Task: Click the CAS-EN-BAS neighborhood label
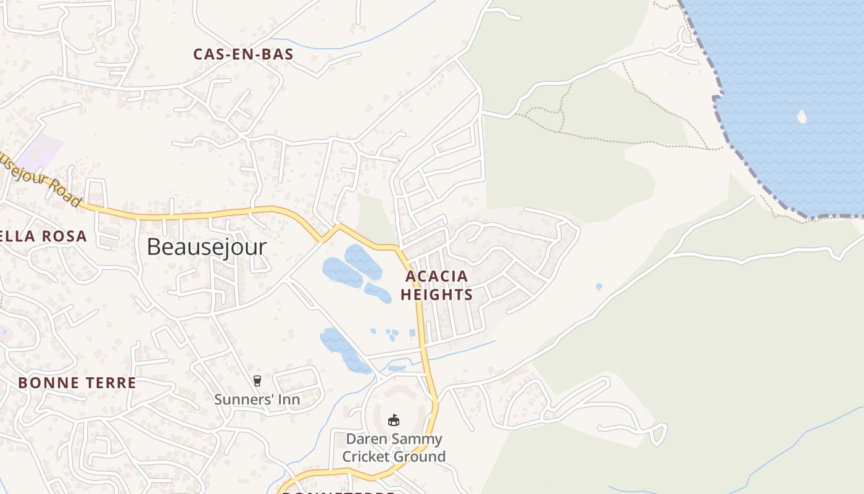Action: click(243, 54)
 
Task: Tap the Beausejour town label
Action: click(207, 247)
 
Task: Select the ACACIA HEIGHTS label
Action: click(436, 285)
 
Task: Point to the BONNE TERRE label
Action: click(77, 383)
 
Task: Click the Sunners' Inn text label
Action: click(257, 400)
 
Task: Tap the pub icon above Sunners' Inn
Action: click(257, 381)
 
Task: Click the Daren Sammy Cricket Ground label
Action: click(394, 448)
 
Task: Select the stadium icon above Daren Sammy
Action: click(393, 420)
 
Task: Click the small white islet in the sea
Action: click(802, 116)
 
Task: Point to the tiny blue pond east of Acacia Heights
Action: click(599, 287)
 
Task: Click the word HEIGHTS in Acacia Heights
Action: click(436, 295)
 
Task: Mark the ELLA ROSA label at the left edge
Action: click(43, 237)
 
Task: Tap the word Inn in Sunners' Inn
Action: click(288, 400)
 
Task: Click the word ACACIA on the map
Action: click(436, 276)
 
